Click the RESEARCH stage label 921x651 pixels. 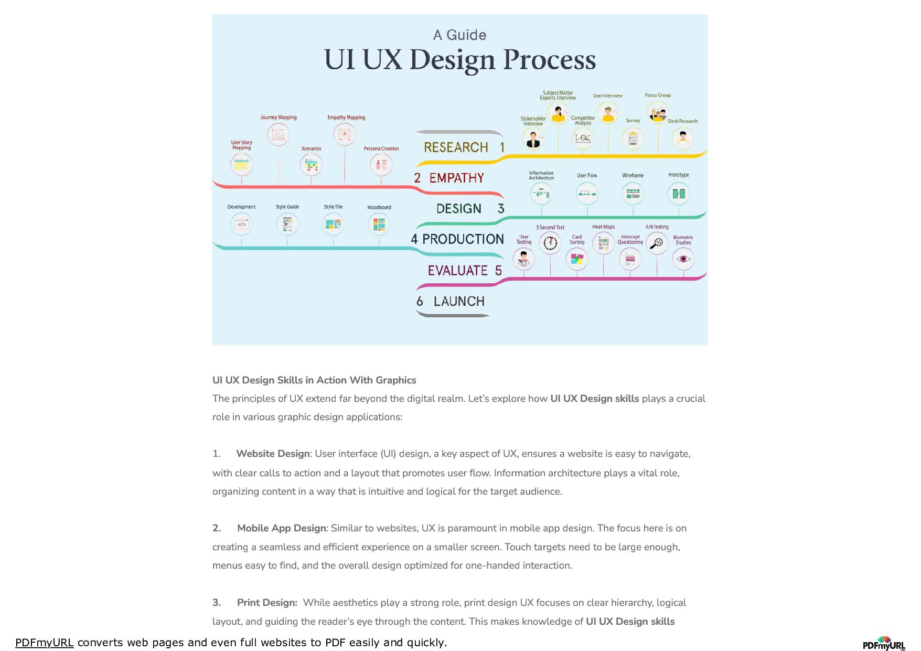click(x=456, y=147)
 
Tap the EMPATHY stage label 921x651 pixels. click(x=456, y=178)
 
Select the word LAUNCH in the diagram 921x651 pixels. click(x=459, y=302)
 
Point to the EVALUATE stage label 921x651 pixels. click(x=457, y=271)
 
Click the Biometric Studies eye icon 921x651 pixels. click(x=683, y=259)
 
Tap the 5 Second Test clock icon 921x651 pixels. click(x=550, y=243)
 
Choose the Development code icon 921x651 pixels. click(x=241, y=225)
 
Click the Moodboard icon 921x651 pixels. click(x=379, y=225)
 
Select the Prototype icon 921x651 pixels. click(x=679, y=194)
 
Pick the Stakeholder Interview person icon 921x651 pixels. click(x=533, y=140)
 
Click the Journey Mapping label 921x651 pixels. click(x=279, y=118)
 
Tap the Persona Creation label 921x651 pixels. click(x=381, y=149)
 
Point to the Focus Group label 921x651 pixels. click(x=658, y=95)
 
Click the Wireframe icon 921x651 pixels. click(x=633, y=194)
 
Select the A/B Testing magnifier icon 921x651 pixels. click(x=657, y=243)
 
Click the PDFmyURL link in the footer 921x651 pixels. click(x=44, y=643)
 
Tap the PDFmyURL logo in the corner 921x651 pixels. click(x=884, y=644)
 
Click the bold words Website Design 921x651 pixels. click(x=273, y=454)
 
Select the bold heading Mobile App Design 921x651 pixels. click(x=281, y=528)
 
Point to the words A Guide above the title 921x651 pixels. click(x=459, y=35)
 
